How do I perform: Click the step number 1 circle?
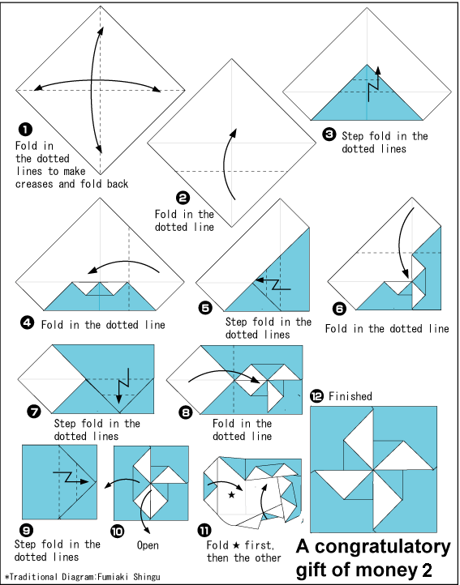pyautogui.click(x=25, y=130)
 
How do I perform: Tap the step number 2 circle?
pyautogui.click(x=183, y=198)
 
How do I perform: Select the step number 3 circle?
pyautogui.click(x=329, y=135)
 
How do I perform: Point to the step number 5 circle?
pyautogui.click(x=205, y=308)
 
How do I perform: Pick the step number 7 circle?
pyautogui.click(x=34, y=411)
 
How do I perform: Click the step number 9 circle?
pyautogui.click(x=28, y=529)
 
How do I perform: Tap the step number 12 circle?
pyautogui.click(x=317, y=397)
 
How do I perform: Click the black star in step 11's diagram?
pyautogui.click(x=232, y=495)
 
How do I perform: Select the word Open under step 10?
pyautogui.click(x=148, y=545)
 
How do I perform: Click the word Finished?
pyautogui.click(x=350, y=396)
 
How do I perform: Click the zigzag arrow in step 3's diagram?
pyautogui.click(x=374, y=84)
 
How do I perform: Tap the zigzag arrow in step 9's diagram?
pyautogui.click(x=71, y=477)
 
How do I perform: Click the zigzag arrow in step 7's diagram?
pyautogui.click(x=123, y=386)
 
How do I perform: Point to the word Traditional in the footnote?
pyautogui.click(x=33, y=577)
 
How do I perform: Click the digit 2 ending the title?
pyautogui.click(x=426, y=570)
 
